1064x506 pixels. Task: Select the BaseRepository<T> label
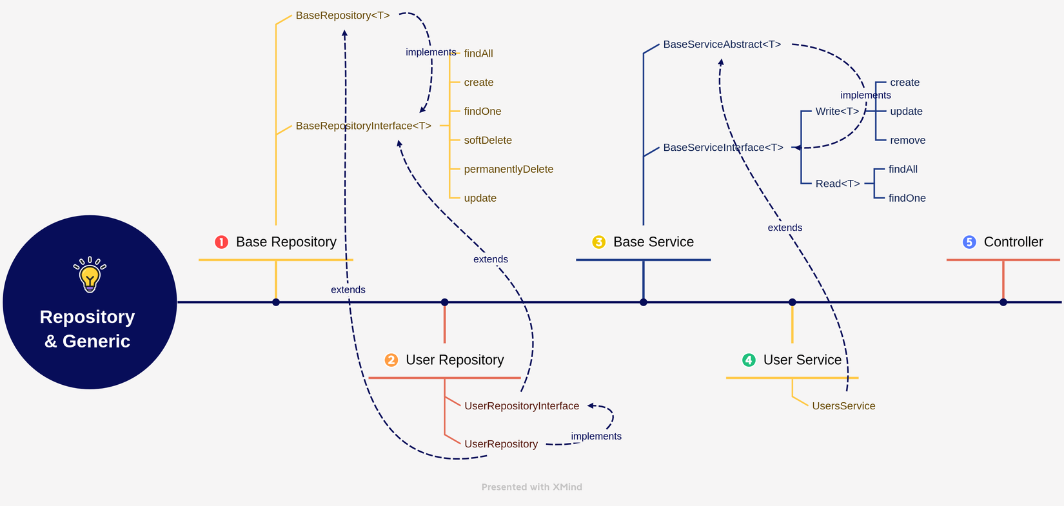click(342, 15)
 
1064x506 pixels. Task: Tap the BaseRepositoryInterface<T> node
click(363, 126)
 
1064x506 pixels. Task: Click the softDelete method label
click(488, 141)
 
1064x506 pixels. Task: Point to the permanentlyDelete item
click(508, 170)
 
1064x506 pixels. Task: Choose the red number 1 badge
click(221, 242)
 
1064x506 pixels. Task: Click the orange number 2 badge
click(391, 360)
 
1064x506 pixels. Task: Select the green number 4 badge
click(749, 360)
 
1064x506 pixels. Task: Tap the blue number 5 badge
click(969, 242)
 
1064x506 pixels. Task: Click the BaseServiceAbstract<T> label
click(722, 44)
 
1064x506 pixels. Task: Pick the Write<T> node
click(837, 112)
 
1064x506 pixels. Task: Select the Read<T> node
click(837, 184)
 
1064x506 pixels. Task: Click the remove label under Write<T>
click(907, 141)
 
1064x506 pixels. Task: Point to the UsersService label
click(843, 406)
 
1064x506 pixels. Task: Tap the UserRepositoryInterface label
click(522, 406)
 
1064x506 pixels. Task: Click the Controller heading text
click(1013, 242)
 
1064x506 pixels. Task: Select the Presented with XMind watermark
click(531, 487)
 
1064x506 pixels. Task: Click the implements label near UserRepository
click(596, 436)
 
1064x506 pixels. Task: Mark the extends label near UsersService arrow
click(785, 228)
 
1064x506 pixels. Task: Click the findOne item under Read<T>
click(907, 199)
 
